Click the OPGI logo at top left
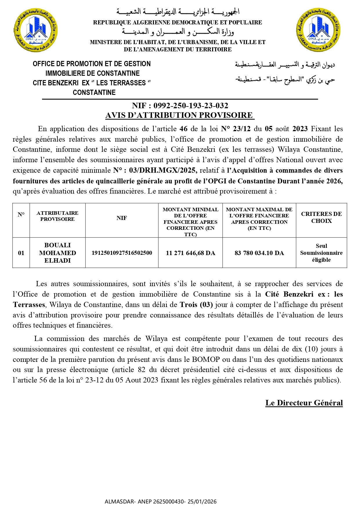click(35, 30)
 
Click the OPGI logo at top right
click(319, 30)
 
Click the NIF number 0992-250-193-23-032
click(191, 106)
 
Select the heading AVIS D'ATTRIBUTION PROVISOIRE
click(180, 115)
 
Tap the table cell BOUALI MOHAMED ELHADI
click(57, 253)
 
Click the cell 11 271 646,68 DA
click(190, 253)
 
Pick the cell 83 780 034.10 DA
click(259, 253)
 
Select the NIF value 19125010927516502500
click(122, 253)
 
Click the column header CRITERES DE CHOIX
click(321, 217)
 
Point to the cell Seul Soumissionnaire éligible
click(321, 253)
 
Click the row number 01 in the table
click(21, 253)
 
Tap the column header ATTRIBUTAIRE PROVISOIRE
click(57, 216)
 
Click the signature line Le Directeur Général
click(304, 403)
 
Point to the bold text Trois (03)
click(196, 305)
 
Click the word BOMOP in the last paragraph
click(206, 360)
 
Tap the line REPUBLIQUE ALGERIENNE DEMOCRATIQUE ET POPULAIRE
click(177, 23)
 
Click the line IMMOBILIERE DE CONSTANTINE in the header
click(92, 73)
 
